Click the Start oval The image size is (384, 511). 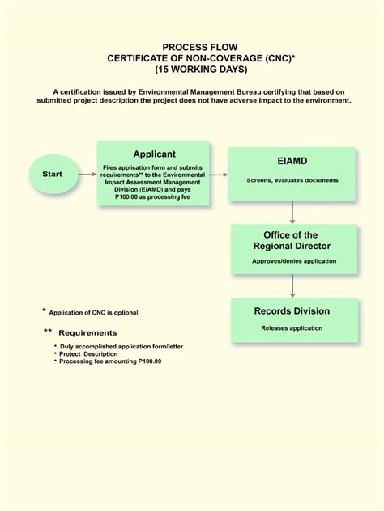coord(53,173)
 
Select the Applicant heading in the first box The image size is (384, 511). coord(154,154)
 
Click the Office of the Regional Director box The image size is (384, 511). coord(292,247)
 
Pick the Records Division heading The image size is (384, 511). coord(292,311)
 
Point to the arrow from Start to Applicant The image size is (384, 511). coord(87,173)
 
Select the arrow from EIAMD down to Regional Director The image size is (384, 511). coord(292,211)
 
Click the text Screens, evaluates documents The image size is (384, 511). coord(292,179)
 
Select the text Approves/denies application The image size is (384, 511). coord(292,262)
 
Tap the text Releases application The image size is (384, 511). coord(292,327)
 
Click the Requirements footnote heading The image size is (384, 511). coord(87,332)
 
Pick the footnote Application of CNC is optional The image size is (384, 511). coord(94,313)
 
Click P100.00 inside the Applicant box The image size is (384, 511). coord(130,196)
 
